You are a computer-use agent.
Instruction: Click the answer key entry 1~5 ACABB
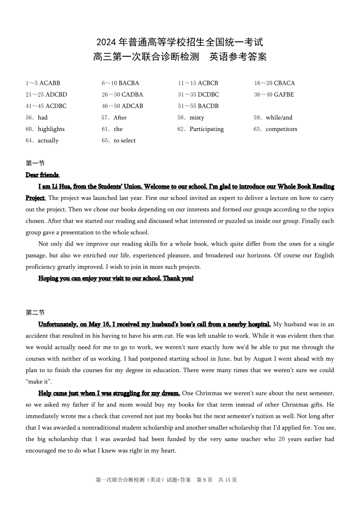click(43, 83)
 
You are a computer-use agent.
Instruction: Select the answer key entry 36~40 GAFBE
click(274, 95)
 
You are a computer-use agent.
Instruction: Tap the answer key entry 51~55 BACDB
click(198, 106)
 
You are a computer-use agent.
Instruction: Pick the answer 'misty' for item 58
click(197, 117)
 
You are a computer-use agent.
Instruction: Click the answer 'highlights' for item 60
click(51, 129)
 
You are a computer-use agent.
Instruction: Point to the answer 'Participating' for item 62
click(206, 129)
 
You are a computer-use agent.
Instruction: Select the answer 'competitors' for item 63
click(281, 129)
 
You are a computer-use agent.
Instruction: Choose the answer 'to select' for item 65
click(125, 141)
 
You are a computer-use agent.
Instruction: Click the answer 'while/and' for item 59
click(279, 117)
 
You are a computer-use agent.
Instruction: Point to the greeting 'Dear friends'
click(42, 175)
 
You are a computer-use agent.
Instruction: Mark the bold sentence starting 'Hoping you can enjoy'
click(116, 278)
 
